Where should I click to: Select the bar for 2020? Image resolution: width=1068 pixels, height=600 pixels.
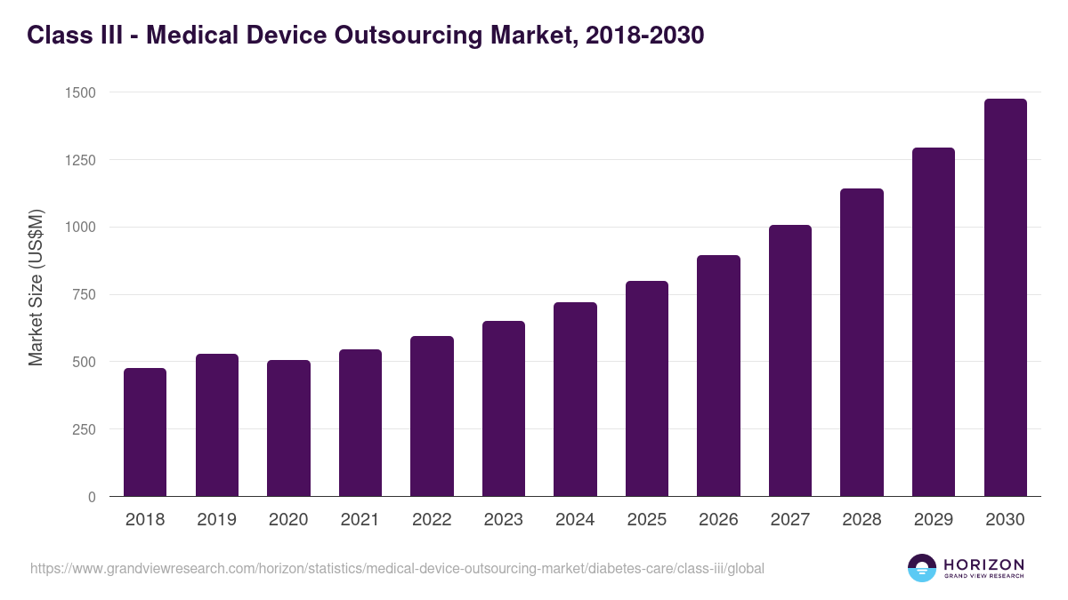click(x=288, y=428)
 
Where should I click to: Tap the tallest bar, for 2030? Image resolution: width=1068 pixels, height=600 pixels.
click(x=1005, y=298)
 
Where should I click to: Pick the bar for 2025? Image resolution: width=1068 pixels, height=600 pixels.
click(x=647, y=388)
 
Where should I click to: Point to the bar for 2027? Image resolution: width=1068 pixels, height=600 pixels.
click(x=790, y=361)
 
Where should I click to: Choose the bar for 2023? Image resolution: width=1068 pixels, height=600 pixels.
click(x=504, y=409)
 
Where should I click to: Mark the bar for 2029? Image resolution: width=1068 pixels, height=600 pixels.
click(x=934, y=322)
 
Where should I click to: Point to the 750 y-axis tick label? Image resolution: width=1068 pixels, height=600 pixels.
click(x=85, y=295)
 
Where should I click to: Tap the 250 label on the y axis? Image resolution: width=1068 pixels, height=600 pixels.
click(x=85, y=429)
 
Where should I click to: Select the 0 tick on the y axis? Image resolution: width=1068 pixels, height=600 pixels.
click(x=92, y=497)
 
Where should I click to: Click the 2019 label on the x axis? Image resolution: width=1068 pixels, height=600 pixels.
click(x=216, y=520)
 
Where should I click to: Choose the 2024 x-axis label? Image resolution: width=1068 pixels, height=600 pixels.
click(x=575, y=520)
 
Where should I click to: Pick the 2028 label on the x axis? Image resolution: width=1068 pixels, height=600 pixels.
click(x=862, y=520)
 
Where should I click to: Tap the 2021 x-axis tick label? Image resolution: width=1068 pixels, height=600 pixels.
click(x=360, y=520)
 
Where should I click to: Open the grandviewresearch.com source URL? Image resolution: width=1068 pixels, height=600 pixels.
click(x=397, y=568)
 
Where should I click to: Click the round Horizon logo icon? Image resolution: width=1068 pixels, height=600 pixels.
click(x=922, y=568)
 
